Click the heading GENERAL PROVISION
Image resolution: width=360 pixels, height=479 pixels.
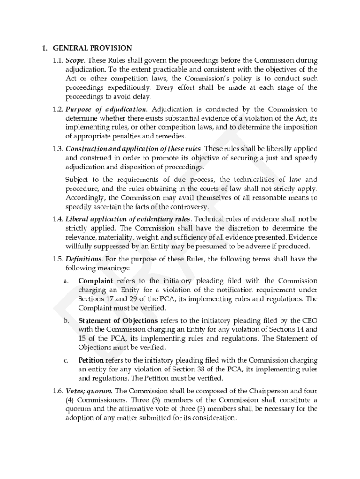click(93, 48)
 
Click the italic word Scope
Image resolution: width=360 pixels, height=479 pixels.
click(75, 61)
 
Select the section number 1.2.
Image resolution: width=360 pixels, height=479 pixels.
click(58, 109)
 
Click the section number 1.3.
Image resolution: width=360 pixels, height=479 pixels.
click(58, 149)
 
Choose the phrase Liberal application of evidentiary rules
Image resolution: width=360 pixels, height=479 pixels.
click(128, 219)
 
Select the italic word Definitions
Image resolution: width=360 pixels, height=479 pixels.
click(83, 259)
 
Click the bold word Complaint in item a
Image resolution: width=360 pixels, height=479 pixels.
click(95, 281)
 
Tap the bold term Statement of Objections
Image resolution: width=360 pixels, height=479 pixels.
click(118, 320)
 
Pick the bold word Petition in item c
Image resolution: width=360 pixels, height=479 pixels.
click(91, 360)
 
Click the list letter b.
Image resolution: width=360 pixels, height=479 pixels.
click(66, 320)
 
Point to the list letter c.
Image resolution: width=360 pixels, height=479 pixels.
click(66, 360)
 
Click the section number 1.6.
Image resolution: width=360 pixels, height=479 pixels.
click(58, 391)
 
